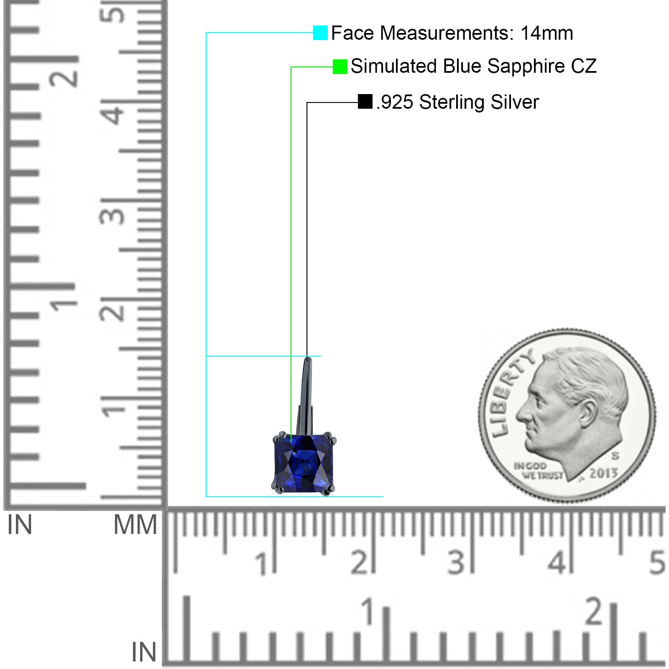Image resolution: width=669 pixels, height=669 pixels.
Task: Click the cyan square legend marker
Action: pos(320,33)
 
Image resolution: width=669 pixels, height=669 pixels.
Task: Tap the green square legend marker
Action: pos(340,66)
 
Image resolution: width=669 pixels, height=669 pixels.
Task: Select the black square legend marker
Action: pos(365,102)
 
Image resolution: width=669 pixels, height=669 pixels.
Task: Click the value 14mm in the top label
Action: pos(546,33)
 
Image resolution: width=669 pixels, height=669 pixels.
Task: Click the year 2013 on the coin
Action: pos(603,473)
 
